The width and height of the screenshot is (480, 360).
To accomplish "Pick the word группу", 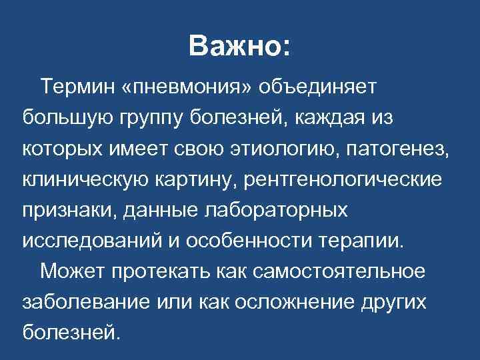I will click(144, 119).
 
